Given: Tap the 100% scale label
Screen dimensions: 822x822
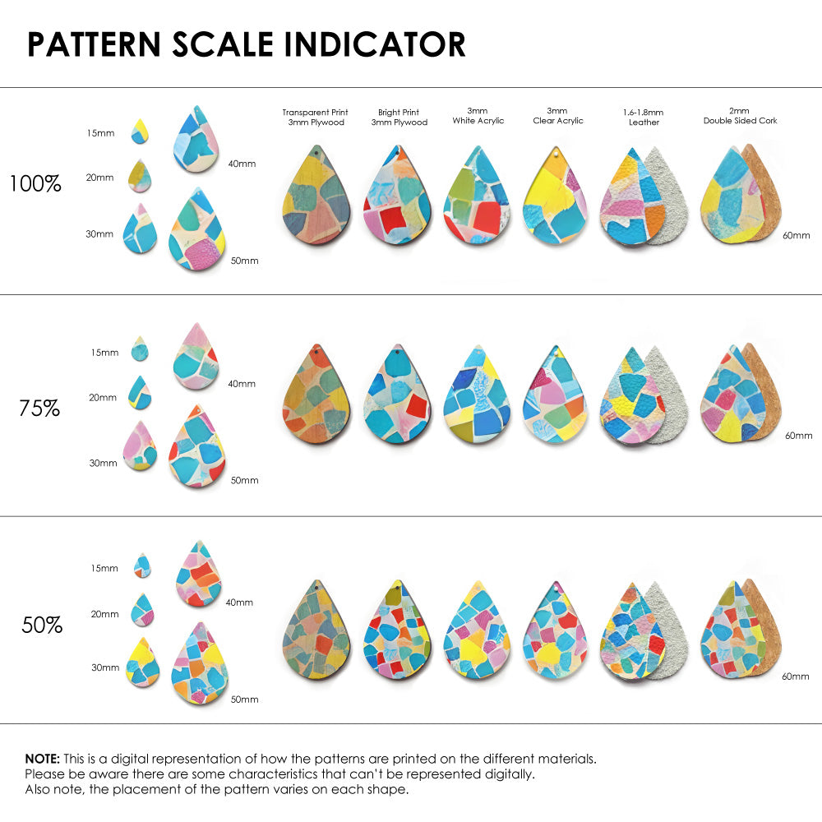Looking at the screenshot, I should [x=35, y=183].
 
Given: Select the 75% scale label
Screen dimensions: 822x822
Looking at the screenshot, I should [x=39, y=408].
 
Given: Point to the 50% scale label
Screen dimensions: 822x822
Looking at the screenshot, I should [x=42, y=626].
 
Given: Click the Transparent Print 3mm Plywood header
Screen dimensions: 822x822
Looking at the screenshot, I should [x=316, y=117].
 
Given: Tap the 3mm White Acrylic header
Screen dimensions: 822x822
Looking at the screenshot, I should [x=478, y=116].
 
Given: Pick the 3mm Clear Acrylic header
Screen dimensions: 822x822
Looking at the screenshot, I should [x=557, y=116].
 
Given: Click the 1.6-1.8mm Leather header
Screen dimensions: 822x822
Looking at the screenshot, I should [x=643, y=117].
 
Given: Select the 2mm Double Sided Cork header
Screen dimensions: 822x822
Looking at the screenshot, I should [x=740, y=116].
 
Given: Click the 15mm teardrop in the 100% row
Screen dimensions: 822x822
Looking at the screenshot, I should [x=140, y=131].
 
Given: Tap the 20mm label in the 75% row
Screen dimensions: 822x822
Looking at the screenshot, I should [x=103, y=398].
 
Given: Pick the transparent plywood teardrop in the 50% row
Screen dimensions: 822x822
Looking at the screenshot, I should [x=316, y=630].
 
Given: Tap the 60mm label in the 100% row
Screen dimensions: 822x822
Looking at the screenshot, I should [x=795, y=235].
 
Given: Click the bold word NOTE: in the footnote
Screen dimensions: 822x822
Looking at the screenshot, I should [x=42, y=759].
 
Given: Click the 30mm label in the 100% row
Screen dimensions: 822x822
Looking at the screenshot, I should [x=99, y=234].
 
